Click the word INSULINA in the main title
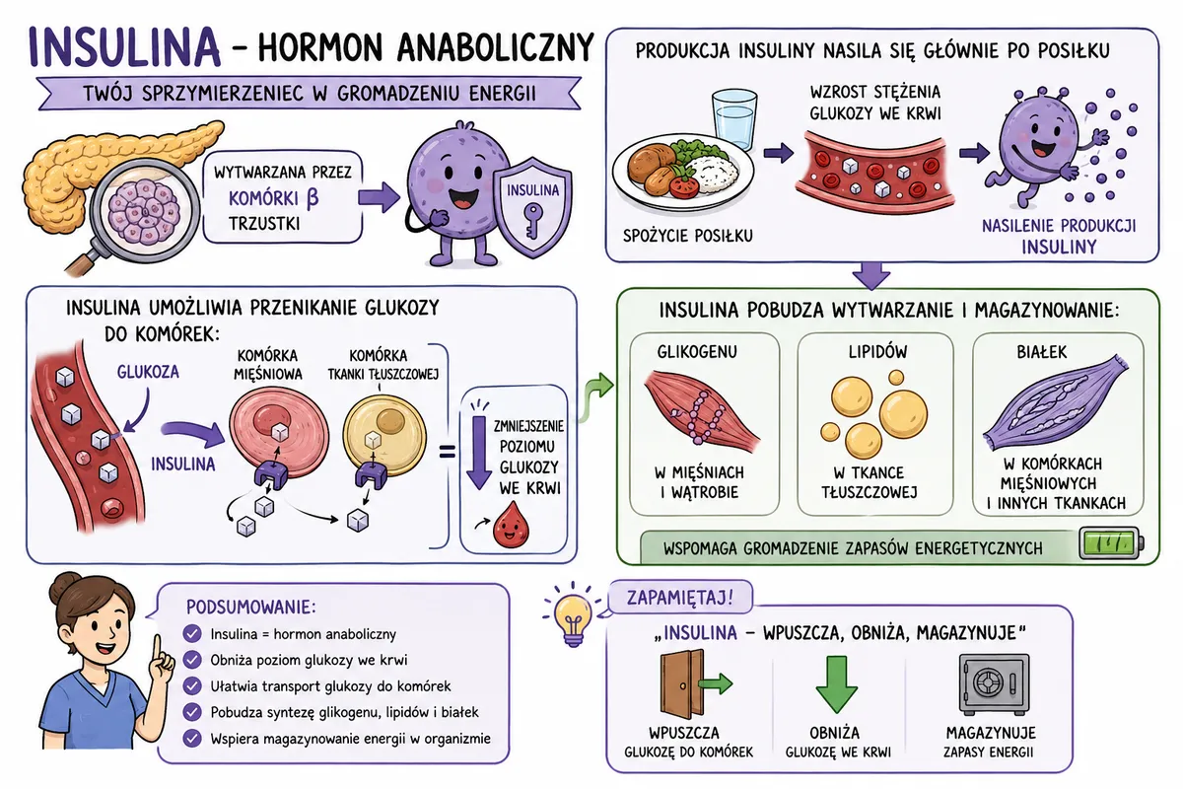[x=124, y=46]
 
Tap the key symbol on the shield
[x=531, y=222]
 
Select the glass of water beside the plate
[x=734, y=119]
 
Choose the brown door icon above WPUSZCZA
[x=683, y=683]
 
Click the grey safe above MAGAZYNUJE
[x=994, y=683]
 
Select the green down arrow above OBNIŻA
[x=837, y=684]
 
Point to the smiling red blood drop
[x=511, y=525]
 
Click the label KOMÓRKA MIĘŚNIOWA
[x=268, y=365]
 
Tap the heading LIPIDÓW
[x=877, y=352]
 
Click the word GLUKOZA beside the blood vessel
[x=148, y=372]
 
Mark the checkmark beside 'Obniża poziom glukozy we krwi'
[x=192, y=660]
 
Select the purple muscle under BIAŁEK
[x=1055, y=406]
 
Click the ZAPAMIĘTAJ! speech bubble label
[x=680, y=597]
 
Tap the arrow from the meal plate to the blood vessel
[x=779, y=153]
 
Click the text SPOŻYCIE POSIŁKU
[x=688, y=236]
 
